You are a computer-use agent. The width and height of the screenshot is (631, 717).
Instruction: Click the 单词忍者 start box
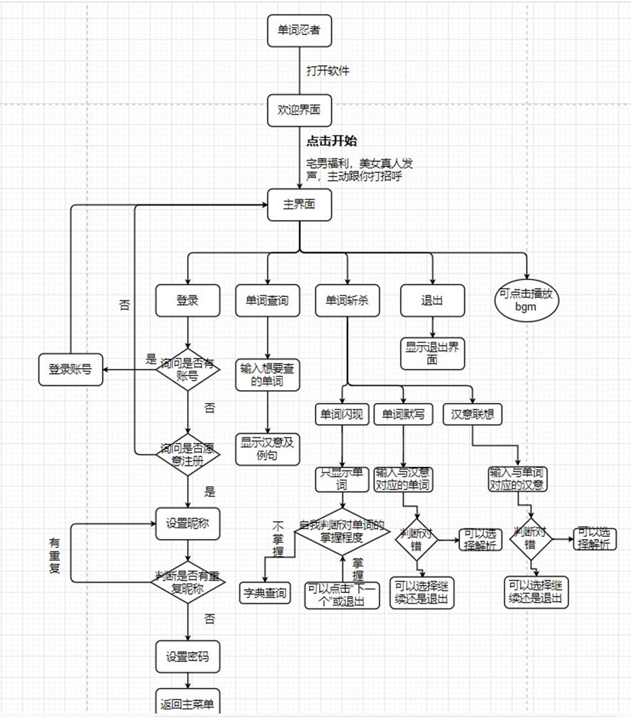click(x=299, y=31)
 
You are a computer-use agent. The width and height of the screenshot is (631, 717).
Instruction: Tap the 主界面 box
click(x=299, y=204)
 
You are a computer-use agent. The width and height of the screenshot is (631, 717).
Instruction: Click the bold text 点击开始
click(x=331, y=141)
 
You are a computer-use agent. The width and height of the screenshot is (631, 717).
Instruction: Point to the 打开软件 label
click(x=328, y=71)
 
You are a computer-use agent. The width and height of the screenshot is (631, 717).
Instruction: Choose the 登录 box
click(x=187, y=300)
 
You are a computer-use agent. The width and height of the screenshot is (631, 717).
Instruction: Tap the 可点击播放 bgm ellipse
click(x=528, y=300)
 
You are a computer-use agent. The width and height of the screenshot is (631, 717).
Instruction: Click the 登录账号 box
click(x=70, y=370)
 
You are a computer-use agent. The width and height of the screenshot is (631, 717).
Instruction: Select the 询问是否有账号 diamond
click(x=187, y=370)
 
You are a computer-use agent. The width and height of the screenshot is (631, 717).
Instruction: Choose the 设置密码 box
click(x=187, y=656)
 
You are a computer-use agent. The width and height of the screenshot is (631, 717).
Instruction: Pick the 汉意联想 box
click(x=472, y=414)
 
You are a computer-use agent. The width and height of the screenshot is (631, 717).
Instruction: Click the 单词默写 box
click(x=403, y=414)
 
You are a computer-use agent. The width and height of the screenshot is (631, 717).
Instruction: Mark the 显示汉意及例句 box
click(x=267, y=449)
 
